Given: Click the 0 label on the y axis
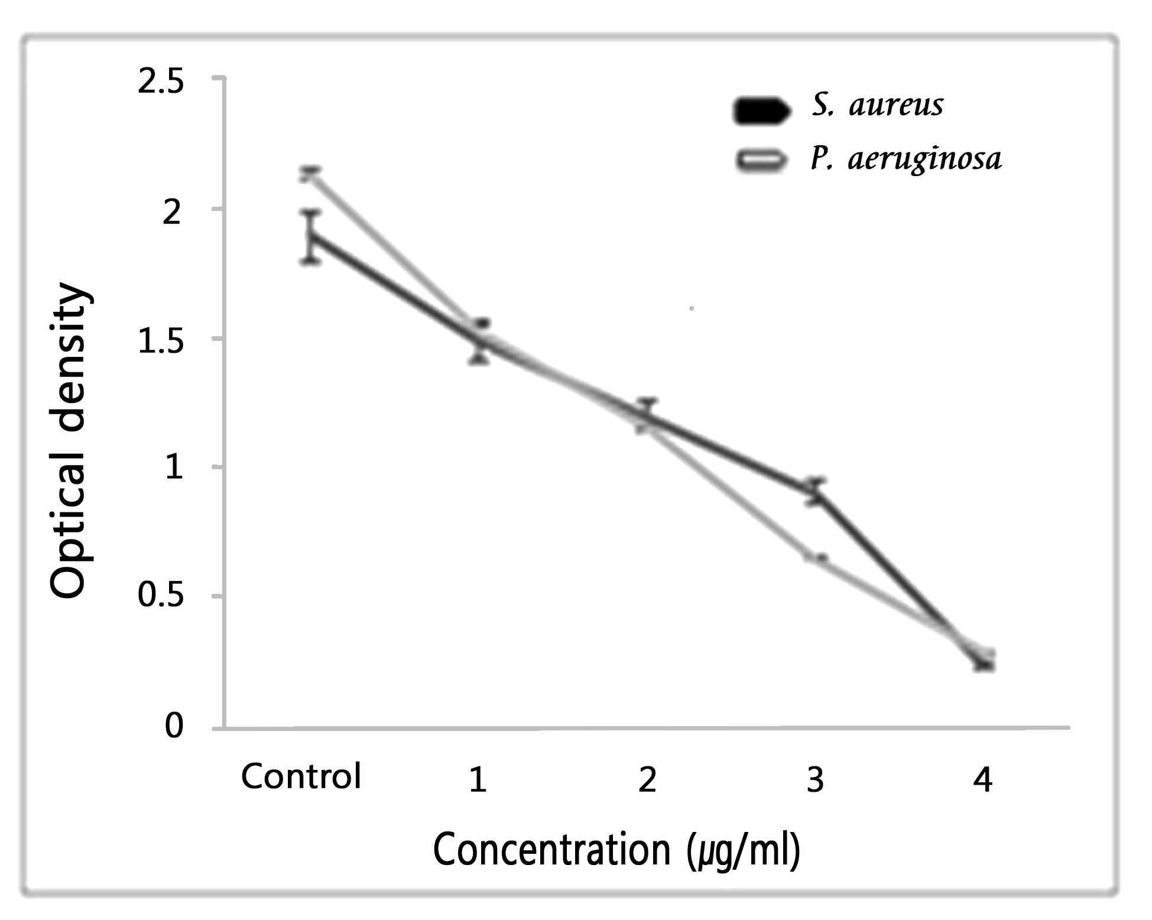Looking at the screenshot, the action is [174, 726].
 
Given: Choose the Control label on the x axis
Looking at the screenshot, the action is [301, 776].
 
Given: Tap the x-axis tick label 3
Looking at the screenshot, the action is [816, 780].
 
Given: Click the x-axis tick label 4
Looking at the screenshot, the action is [982, 780].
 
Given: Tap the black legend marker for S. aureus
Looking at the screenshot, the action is [761, 110].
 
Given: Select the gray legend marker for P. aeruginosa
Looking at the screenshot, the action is [761, 159].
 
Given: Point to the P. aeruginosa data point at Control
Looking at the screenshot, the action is [310, 174].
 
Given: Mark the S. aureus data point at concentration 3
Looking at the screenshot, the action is [816, 491].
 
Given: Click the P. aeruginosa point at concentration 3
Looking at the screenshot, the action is [816, 558].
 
